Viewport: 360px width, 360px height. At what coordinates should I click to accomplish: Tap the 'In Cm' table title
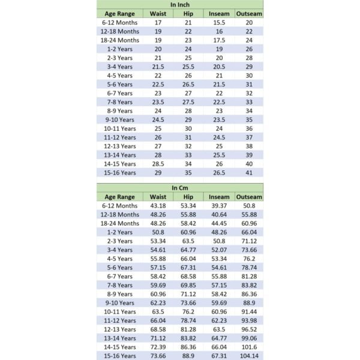click(179, 188)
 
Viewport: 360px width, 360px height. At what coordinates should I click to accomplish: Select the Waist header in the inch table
click(158, 13)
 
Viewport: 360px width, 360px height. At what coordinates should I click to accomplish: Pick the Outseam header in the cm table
click(249, 197)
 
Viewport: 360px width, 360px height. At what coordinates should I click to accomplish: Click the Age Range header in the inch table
click(119, 13)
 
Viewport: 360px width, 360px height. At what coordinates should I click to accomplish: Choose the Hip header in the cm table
click(188, 197)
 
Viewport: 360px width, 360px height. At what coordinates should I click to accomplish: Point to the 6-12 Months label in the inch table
click(119, 22)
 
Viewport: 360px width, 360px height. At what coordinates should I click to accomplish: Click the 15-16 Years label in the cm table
click(119, 356)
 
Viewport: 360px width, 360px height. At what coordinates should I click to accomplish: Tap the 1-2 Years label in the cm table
click(119, 232)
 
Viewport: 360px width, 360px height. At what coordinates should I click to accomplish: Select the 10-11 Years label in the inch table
click(119, 128)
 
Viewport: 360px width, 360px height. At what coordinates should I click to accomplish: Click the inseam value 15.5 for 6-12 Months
click(219, 22)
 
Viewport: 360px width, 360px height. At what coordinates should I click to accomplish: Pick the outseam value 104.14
click(249, 356)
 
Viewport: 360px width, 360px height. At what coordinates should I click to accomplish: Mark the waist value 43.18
click(158, 206)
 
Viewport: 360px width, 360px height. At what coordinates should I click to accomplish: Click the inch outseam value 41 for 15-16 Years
click(249, 172)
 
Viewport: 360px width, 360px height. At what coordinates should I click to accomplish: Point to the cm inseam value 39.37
click(219, 206)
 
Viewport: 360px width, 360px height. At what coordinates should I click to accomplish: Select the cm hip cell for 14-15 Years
click(188, 347)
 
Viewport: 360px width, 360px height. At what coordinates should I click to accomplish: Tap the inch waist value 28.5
click(158, 164)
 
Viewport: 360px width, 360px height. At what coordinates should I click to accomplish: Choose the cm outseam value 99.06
click(249, 338)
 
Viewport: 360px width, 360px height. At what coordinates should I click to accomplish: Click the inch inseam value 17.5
click(219, 40)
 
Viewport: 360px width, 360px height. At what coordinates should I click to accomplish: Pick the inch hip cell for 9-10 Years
click(188, 119)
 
